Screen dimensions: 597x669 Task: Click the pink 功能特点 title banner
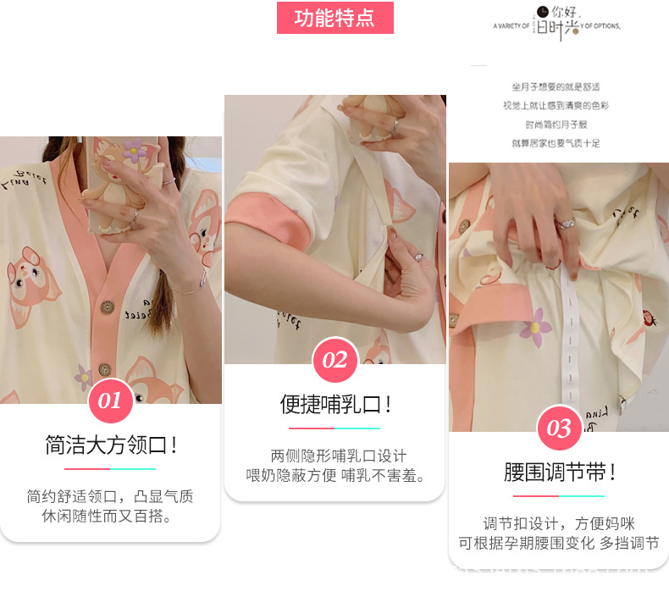click(x=334, y=18)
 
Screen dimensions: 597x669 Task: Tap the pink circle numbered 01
click(x=111, y=400)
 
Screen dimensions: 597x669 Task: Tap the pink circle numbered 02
click(x=334, y=359)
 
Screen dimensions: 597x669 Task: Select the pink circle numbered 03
click(x=559, y=428)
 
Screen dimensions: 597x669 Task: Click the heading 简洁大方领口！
click(x=111, y=445)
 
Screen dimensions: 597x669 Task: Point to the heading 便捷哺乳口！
click(x=335, y=404)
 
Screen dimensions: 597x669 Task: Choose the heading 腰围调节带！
click(x=559, y=472)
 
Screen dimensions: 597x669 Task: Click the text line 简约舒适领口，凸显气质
click(x=110, y=496)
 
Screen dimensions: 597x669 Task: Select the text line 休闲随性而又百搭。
click(x=110, y=516)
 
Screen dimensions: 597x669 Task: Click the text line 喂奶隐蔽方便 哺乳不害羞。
click(x=335, y=475)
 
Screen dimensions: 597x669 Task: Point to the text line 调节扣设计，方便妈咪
click(x=559, y=523)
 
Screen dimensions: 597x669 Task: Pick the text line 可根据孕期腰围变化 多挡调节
click(x=559, y=544)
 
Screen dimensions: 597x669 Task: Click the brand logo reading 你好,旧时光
click(x=557, y=24)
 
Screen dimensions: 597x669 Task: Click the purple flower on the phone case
click(x=135, y=152)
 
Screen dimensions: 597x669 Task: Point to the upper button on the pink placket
click(x=106, y=307)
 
